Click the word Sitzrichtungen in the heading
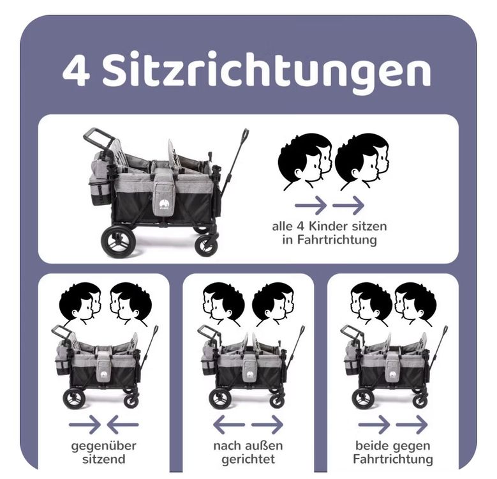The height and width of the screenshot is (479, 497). coord(267,72)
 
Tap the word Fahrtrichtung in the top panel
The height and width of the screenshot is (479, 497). coord(330,240)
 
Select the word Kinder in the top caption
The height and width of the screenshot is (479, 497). coord(328,226)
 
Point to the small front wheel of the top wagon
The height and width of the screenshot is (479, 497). coord(206,245)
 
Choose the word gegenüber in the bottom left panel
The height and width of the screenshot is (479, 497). coord(103,446)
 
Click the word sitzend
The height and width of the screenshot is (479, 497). coord(103,459)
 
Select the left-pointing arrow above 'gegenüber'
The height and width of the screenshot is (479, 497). coord(122,425)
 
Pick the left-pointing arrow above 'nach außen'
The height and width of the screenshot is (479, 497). coord(229,425)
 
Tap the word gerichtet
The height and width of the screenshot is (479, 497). coord(248,459)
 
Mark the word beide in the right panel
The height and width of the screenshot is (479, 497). coord(371,446)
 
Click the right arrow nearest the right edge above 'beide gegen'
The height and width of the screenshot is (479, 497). coord(412,425)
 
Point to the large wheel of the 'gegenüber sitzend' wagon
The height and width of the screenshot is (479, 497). coord(74,399)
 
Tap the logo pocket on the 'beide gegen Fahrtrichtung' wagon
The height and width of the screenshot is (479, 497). coord(393,369)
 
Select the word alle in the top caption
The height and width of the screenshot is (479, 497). coord(283,226)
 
